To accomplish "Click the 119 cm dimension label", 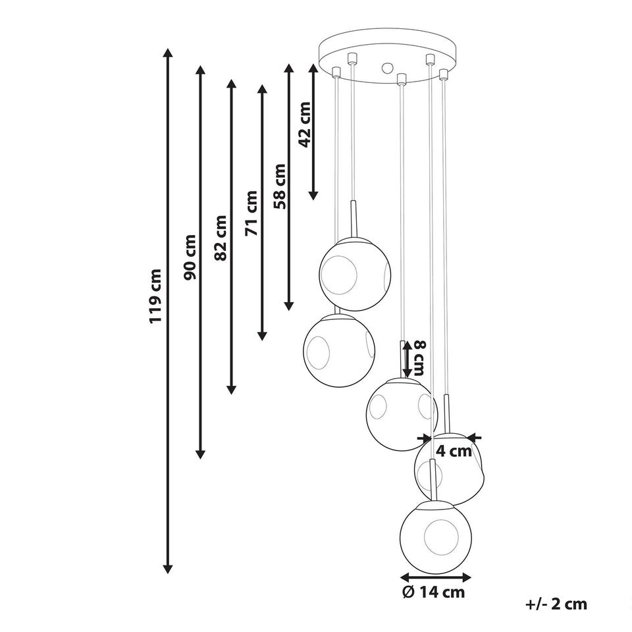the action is pos(155,296).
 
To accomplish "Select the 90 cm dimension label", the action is pos(190,257).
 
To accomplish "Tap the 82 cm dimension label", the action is pos(221,238).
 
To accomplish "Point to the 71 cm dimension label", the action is pos(251,213).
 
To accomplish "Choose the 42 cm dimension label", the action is pos(304,125).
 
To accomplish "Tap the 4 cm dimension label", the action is pos(454,451).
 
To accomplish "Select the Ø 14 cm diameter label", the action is pos(434,592).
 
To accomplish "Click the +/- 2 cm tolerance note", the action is pos(556,604).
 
